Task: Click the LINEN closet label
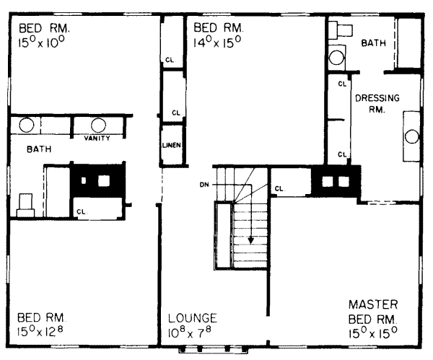[172, 145]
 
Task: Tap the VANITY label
[97, 138]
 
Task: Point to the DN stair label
[204, 185]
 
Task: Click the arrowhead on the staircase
[250, 240]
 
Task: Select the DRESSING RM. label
[377, 104]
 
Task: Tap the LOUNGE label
[193, 318]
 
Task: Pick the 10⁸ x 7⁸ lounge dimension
[189, 332]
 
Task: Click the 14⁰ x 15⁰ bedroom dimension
[217, 42]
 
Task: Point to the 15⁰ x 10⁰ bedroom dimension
[41, 43]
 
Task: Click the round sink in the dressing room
[412, 136]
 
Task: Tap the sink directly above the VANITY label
[98, 126]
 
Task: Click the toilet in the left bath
[26, 205]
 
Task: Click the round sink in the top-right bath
[336, 58]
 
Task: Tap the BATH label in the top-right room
[373, 43]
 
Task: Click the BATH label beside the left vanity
[39, 149]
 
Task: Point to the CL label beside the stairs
[279, 189]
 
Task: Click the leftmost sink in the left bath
[27, 125]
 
